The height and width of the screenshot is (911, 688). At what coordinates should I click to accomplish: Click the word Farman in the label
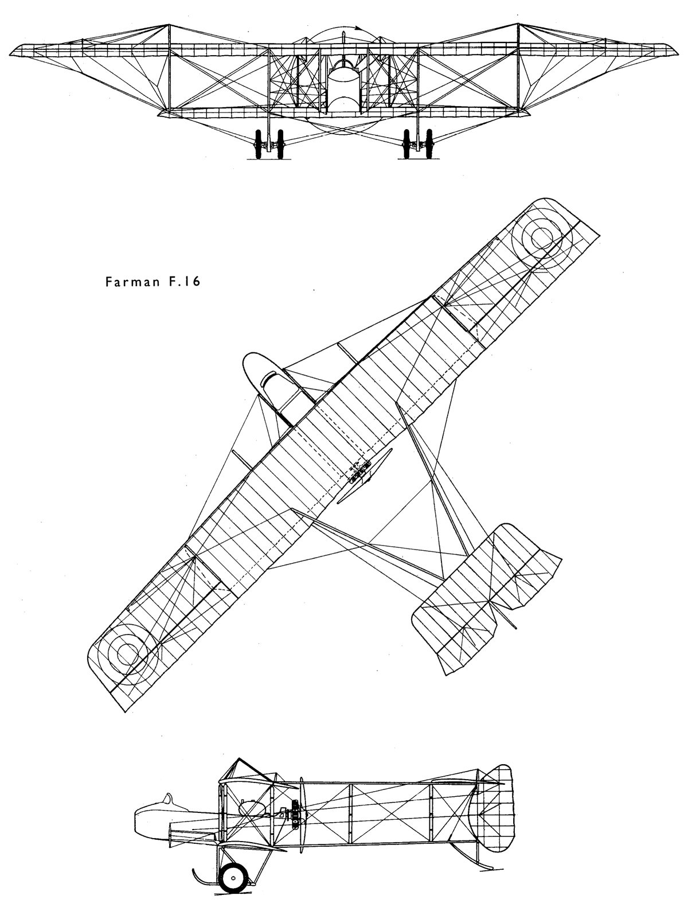tap(132, 282)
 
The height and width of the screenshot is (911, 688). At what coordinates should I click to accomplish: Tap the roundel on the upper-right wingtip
tap(542, 238)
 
